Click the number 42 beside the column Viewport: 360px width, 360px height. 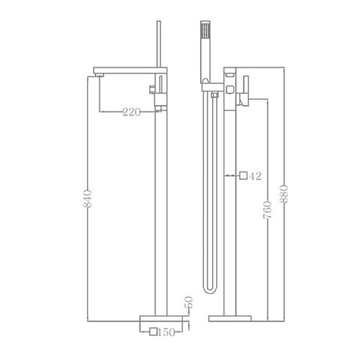tap(255, 176)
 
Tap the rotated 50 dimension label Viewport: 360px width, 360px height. tap(189, 304)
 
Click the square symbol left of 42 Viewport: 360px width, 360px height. tap(243, 176)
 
